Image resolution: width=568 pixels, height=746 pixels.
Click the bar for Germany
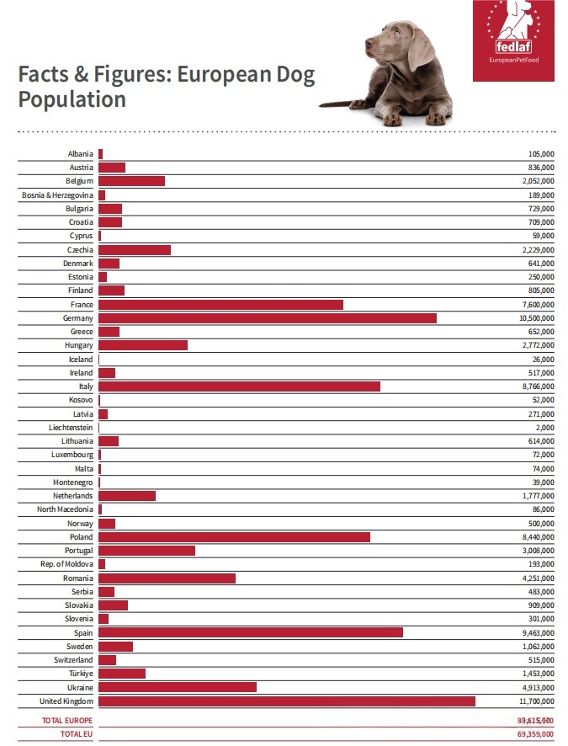tap(268, 318)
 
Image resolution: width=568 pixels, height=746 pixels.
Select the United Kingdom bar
tap(287, 701)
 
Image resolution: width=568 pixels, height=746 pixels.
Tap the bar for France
tap(220, 305)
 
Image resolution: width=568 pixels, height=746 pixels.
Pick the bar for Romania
tap(167, 578)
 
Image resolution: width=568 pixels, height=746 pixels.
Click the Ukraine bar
tap(178, 687)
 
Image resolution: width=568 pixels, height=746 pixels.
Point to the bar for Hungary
tap(143, 345)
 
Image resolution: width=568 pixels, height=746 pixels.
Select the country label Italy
tap(86, 386)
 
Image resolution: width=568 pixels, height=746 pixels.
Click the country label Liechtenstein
tap(71, 428)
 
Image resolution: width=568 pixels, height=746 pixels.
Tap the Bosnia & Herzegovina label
tap(58, 194)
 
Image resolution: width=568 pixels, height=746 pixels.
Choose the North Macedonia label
tap(65, 509)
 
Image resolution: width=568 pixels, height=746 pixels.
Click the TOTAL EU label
tap(77, 734)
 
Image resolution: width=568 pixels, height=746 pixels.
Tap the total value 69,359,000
tap(535, 734)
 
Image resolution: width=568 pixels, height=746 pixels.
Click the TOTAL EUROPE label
tap(67, 721)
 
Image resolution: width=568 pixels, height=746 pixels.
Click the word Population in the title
tap(72, 99)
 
